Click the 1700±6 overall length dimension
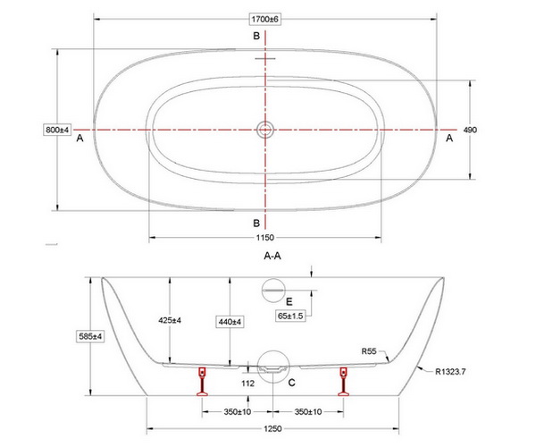(265, 19)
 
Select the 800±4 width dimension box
(57, 130)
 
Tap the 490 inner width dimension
(470, 130)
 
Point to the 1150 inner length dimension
(265, 237)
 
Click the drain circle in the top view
(265, 130)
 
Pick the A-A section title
(272, 256)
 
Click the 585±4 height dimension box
(90, 336)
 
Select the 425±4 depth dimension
(170, 320)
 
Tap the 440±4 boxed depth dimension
(230, 322)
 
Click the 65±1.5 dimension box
(290, 316)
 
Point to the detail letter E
(289, 301)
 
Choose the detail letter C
(291, 383)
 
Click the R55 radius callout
(369, 351)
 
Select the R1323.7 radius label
(450, 371)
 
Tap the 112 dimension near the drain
(247, 384)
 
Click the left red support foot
(203, 382)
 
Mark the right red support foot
(343, 382)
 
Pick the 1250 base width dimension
(272, 428)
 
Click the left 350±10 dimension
(238, 412)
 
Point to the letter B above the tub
(256, 36)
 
